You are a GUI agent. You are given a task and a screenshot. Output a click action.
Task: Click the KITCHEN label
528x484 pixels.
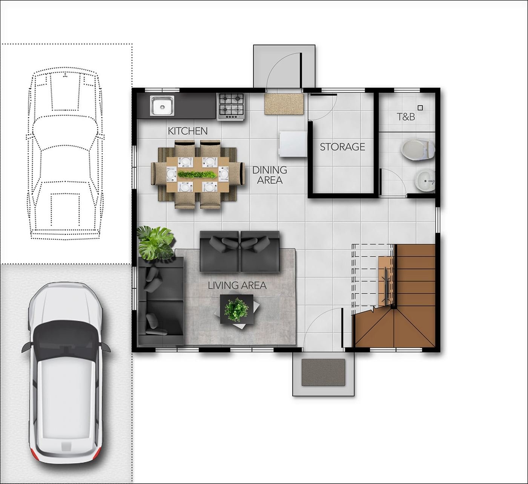click(188, 131)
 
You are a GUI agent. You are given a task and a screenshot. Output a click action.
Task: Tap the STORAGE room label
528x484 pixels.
click(342, 147)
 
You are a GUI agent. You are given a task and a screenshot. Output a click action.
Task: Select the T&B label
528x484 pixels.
click(406, 116)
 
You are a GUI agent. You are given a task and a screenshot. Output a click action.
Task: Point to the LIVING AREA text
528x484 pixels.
click(237, 285)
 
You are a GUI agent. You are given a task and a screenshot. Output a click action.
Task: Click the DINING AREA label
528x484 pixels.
click(270, 175)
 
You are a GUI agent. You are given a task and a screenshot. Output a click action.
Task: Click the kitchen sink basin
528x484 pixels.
click(162, 106)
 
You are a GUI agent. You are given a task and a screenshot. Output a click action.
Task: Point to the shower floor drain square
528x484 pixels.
click(420, 108)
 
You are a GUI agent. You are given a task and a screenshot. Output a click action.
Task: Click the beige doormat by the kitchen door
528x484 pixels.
click(284, 104)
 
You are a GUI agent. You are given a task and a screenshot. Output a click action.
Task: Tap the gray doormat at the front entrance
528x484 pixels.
click(323, 372)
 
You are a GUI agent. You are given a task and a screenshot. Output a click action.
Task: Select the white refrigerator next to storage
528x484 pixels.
click(293, 144)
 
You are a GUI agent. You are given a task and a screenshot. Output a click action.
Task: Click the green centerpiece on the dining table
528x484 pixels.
click(197, 174)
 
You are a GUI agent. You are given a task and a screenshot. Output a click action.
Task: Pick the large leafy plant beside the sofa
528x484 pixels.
click(155, 243)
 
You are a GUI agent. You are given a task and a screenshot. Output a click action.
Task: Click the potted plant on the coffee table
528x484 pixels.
click(236, 309)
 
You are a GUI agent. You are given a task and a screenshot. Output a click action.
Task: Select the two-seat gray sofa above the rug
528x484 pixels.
click(239, 251)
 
